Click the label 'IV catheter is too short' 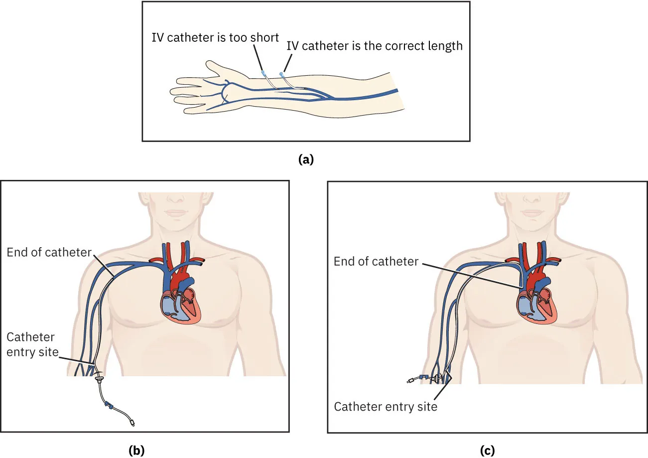click(215, 37)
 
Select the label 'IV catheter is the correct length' click(375, 46)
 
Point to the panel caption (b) click(136, 450)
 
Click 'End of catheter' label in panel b click(49, 252)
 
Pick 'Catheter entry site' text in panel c click(386, 407)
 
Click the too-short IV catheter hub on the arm click(263, 73)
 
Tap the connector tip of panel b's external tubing click(132, 424)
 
